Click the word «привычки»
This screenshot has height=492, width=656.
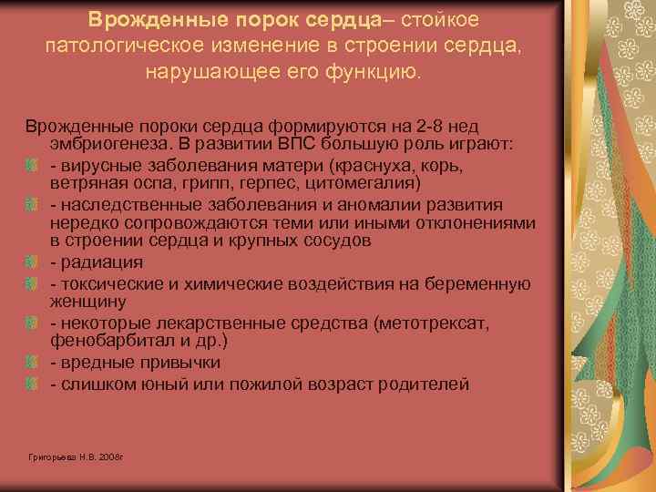(x=188, y=363)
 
